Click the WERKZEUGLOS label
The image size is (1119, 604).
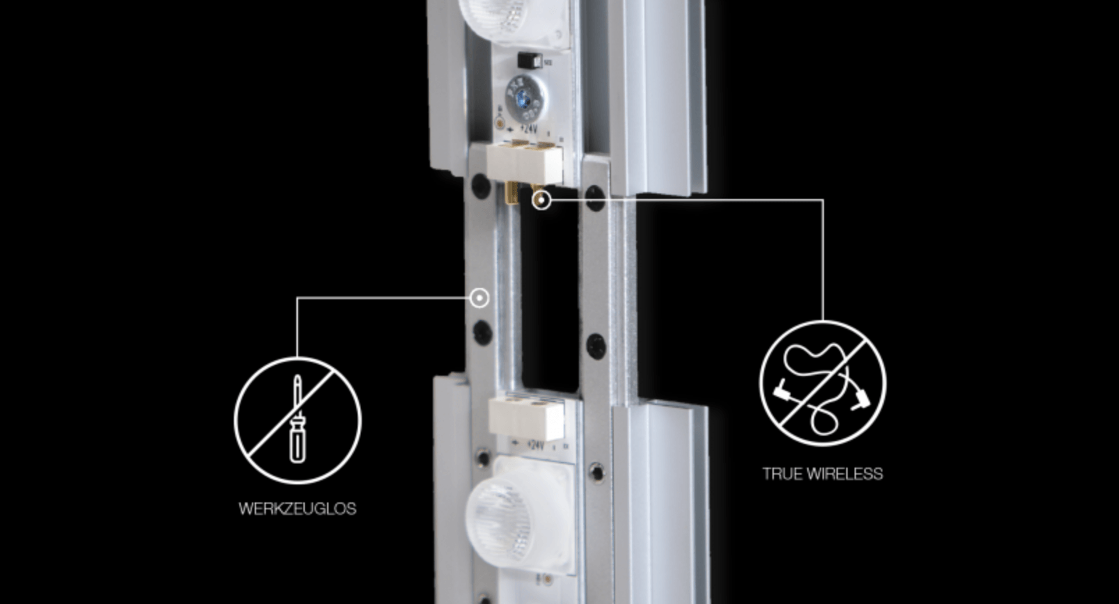[297, 509]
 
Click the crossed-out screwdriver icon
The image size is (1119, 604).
[298, 421]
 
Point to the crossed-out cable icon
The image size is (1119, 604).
[823, 383]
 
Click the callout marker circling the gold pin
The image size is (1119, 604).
[541, 200]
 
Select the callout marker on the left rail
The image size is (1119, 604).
[479, 299]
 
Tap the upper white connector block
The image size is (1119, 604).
[524, 162]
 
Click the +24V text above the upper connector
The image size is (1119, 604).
[528, 129]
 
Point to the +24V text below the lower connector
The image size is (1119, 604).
[534, 445]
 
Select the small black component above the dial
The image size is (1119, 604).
[530, 61]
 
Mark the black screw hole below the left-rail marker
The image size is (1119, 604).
[482, 332]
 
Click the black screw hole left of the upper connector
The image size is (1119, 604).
[481, 185]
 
